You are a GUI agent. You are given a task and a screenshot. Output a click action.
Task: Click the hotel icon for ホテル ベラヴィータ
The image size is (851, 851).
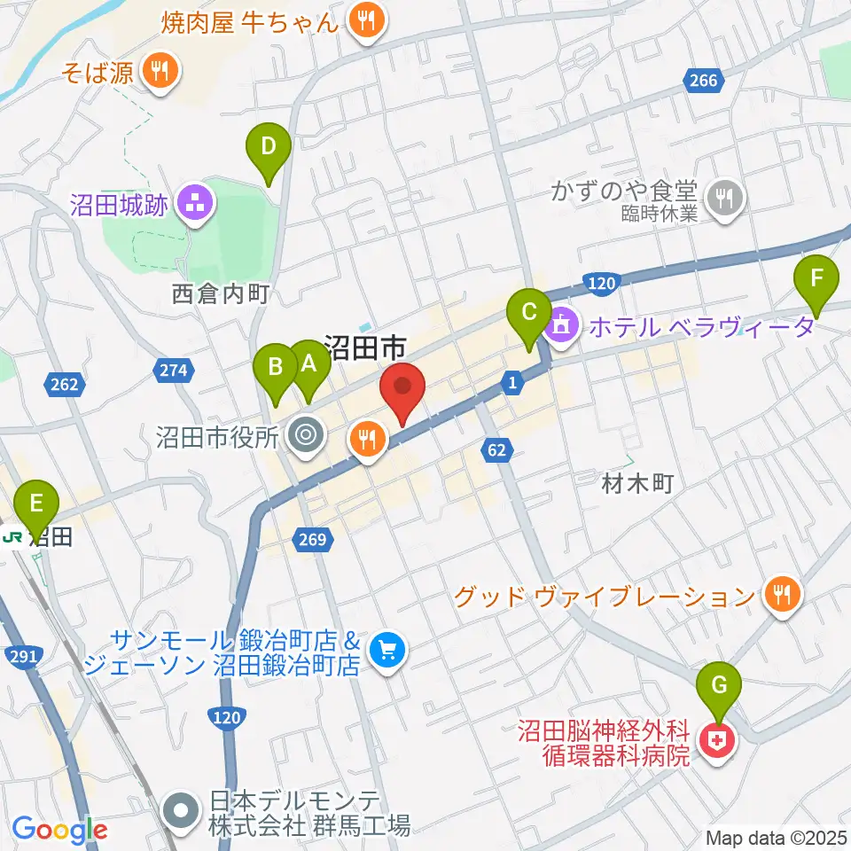[x=562, y=327]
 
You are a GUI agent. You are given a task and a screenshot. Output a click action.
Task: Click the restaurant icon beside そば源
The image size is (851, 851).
[x=160, y=72]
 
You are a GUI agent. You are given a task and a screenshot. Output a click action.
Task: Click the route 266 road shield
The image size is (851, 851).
[x=702, y=82]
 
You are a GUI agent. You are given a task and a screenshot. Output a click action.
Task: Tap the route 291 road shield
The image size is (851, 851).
[x=24, y=655]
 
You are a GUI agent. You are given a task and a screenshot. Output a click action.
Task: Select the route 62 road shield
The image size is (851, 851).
[x=498, y=450]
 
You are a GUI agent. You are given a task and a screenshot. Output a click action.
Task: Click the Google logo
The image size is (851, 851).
[x=59, y=830]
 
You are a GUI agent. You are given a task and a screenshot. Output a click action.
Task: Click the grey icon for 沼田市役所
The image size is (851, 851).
[x=307, y=435]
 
